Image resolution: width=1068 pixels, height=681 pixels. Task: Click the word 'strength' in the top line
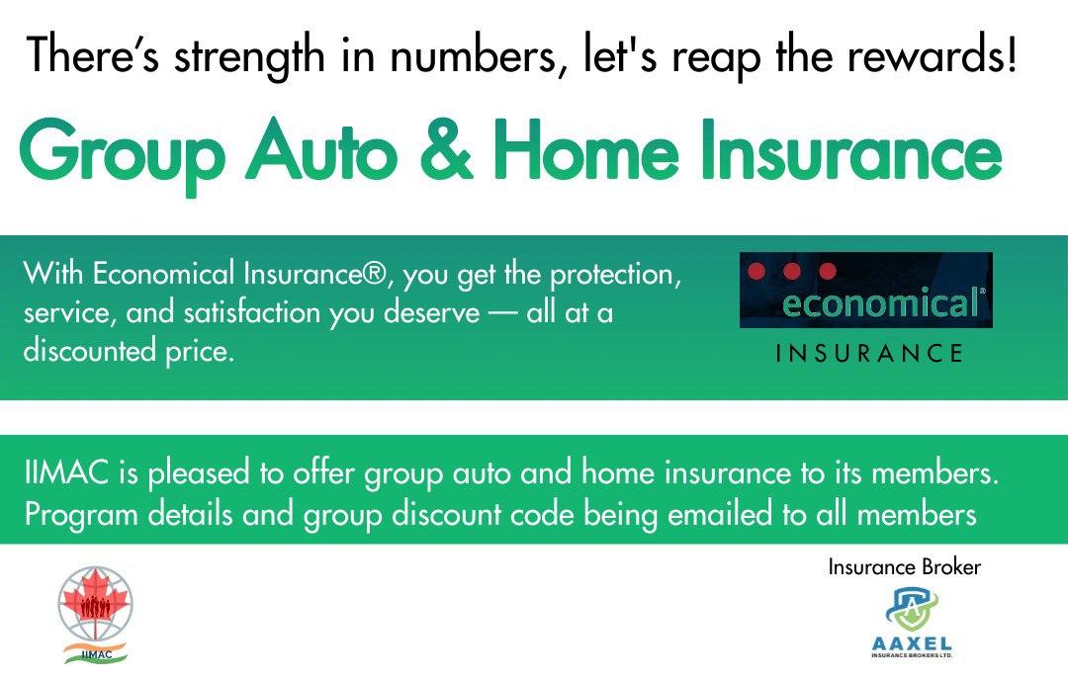(x=249, y=56)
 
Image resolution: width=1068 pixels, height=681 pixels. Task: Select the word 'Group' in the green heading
(x=123, y=153)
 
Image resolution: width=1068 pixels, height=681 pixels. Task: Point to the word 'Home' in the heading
(x=586, y=149)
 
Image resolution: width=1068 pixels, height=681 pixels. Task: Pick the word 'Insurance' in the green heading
(x=851, y=149)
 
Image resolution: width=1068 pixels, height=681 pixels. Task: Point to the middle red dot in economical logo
(x=791, y=271)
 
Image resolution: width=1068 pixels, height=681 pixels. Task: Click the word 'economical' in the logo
(x=881, y=302)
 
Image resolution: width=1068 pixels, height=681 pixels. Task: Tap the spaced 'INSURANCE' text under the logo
(x=869, y=353)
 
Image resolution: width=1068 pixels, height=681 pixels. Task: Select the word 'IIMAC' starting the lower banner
(x=66, y=472)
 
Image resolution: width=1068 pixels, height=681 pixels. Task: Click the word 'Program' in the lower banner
(x=81, y=516)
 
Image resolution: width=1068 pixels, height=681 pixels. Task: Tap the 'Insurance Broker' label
(x=905, y=566)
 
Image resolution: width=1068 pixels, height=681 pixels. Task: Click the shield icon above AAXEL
(x=912, y=609)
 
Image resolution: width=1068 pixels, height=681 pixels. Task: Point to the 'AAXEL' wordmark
(x=912, y=643)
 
